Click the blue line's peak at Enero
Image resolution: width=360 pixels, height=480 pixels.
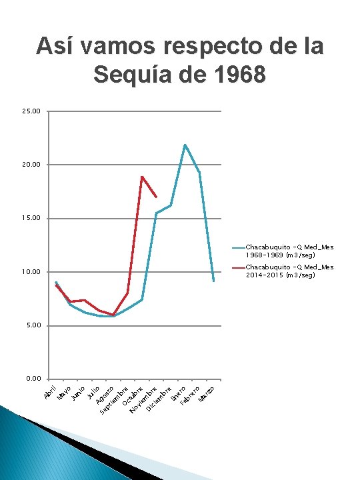click(185, 145)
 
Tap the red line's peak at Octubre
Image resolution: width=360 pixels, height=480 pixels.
click(142, 177)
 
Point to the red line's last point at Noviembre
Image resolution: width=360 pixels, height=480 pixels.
click(156, 197)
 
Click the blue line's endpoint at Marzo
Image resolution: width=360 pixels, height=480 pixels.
click(214, 281)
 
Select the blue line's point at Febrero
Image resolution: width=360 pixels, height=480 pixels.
click(199, 173)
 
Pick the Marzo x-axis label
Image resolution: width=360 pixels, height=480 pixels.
click(207, 394)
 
